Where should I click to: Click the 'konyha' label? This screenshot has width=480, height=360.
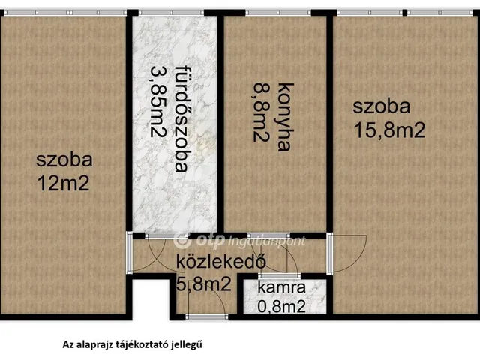pos(283,116)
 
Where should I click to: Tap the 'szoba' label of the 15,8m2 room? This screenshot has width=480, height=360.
pos(382,107)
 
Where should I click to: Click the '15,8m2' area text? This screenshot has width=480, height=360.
pos(389,130)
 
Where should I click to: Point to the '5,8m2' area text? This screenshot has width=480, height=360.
pos(203,283)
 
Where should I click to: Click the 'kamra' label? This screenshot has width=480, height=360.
pos(281,288)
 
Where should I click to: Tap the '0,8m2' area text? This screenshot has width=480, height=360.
pos(281,305)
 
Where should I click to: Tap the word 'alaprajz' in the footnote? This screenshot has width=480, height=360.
pos(95,346)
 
